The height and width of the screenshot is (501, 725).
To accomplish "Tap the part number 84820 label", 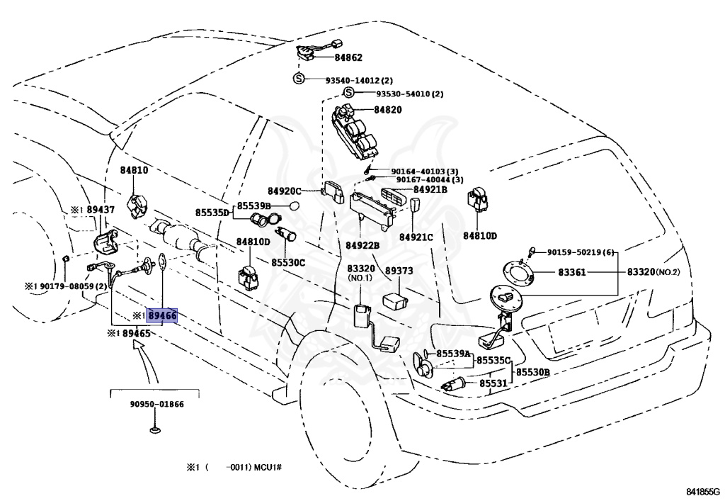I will (387, 110).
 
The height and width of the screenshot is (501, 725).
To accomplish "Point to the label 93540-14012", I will (360, 80).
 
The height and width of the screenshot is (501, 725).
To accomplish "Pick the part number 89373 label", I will (399, 270).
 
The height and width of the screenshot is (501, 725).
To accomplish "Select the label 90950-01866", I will (156, 404).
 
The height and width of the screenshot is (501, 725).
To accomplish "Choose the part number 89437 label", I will (100, 210).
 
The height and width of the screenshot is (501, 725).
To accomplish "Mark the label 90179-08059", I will (73, 286).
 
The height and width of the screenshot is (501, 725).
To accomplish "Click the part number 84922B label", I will (362, 245).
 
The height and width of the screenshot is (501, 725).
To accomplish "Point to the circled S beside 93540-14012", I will (299, 79).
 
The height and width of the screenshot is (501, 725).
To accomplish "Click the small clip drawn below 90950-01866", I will (156, 429).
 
